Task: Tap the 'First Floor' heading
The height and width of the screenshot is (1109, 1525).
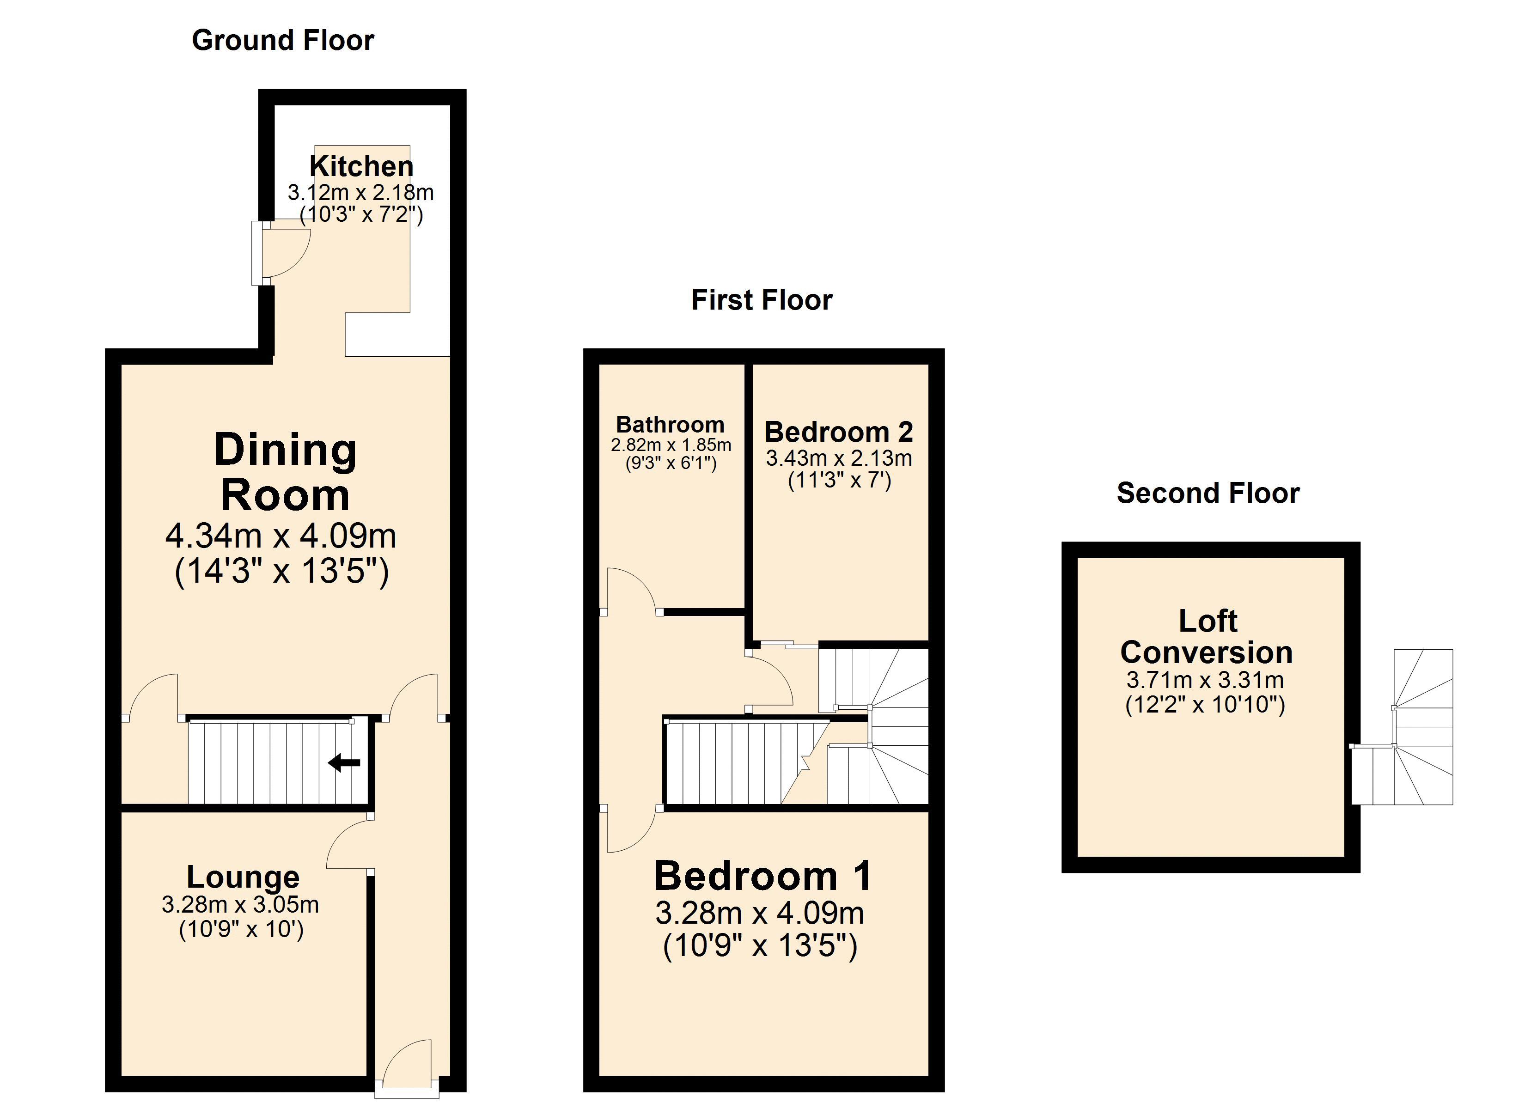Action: [762, 300]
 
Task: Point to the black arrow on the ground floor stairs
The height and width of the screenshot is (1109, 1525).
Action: [344, 762]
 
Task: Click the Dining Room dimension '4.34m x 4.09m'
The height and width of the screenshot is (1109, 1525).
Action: [281, 536]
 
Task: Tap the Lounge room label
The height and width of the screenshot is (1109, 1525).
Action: [243, 877]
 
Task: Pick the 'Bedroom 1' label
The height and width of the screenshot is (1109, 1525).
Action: [762, 876]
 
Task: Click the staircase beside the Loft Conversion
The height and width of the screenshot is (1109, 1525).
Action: [1403, 726]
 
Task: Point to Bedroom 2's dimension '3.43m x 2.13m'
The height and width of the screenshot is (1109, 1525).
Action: [839, 459]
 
